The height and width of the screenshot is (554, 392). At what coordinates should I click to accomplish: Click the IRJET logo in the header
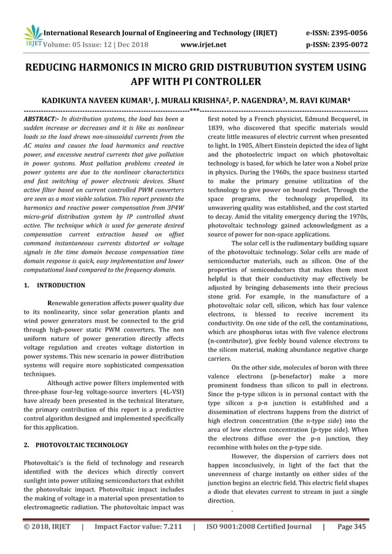point(32,36)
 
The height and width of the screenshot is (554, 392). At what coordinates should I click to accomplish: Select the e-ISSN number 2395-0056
point(346,33)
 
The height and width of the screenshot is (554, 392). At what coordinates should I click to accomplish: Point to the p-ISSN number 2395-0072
point(346,44)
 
